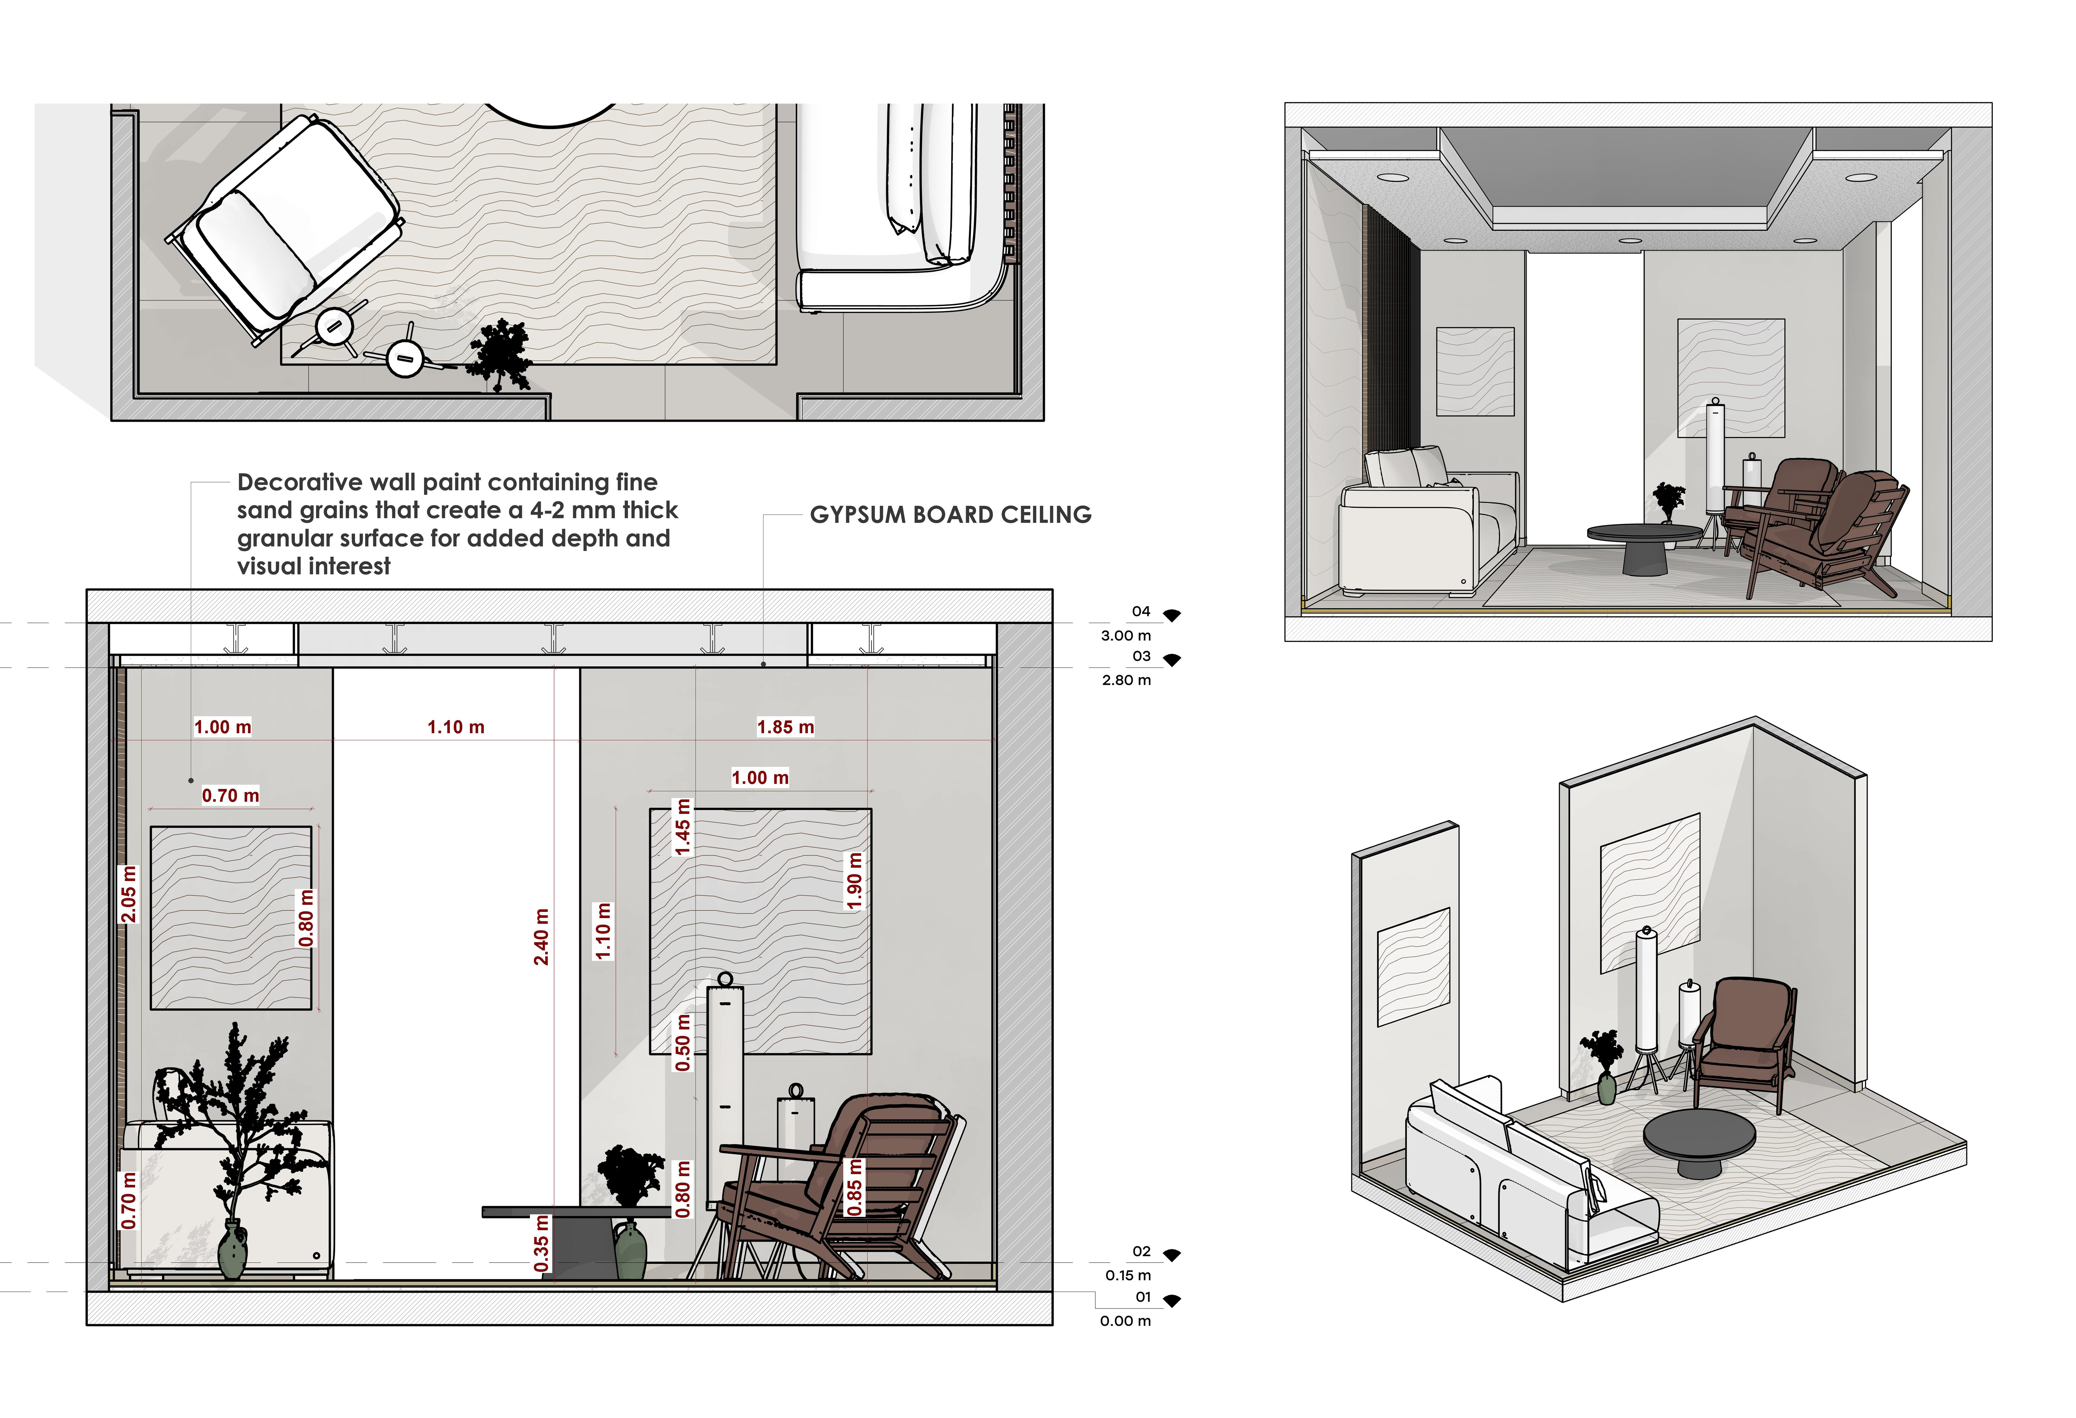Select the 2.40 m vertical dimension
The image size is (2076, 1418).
(541, 936)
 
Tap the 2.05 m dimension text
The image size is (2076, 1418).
(129, 894)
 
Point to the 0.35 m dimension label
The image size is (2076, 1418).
(541, 1243)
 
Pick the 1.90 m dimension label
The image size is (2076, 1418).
(855, 881)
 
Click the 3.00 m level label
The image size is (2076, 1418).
(1126, 635)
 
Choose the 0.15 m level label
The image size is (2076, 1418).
(1127, 1275)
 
